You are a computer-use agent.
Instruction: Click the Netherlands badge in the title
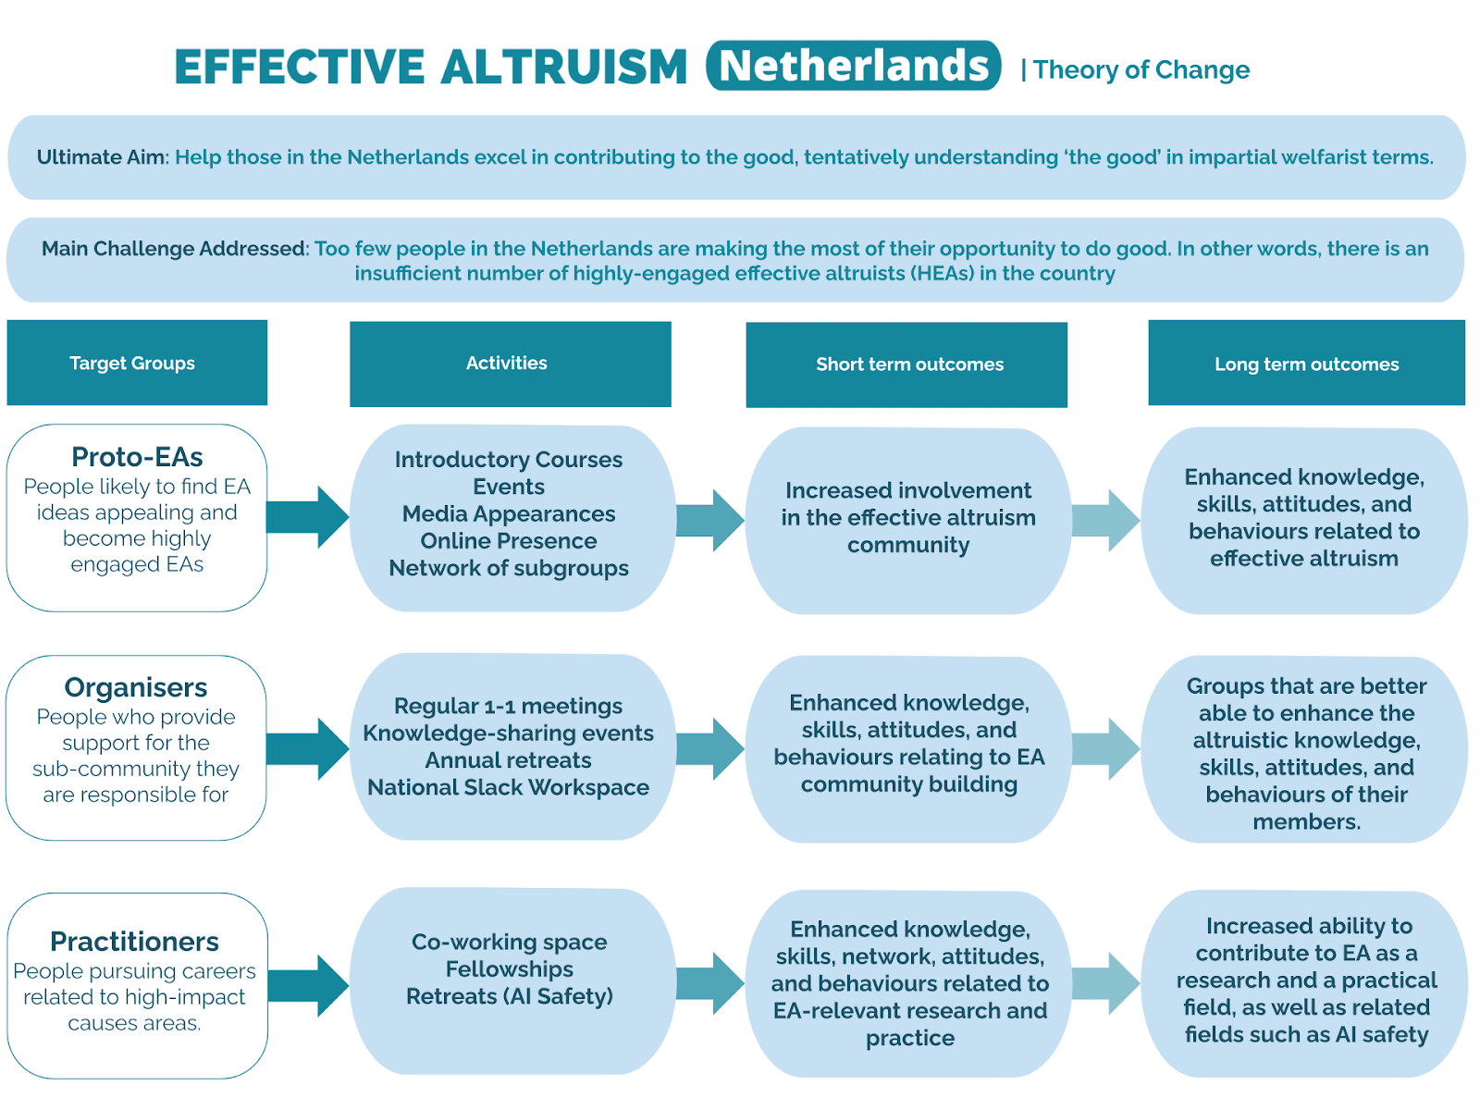(853, 66)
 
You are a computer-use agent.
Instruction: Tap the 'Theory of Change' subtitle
(1141, 70)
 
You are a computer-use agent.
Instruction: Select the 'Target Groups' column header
(132, 364)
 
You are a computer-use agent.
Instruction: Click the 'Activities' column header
(507, 364)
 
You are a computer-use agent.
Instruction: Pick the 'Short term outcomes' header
(909, 364)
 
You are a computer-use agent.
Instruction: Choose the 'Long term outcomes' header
(1306, 364)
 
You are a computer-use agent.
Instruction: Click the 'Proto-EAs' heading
(137, 457)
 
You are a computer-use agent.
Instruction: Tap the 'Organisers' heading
(136, 687)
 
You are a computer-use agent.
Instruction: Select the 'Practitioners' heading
(135, 942)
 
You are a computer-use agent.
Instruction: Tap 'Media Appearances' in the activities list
(509, 514)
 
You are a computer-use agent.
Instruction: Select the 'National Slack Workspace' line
(509, 788)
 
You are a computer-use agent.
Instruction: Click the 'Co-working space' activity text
(510, 943)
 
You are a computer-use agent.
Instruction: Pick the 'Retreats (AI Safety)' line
(510, 996)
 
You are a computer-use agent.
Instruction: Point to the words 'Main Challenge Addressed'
(174, 249)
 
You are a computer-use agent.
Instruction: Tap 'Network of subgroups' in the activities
(509, 568)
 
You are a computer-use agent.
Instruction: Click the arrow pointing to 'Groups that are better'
(1106, 749)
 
